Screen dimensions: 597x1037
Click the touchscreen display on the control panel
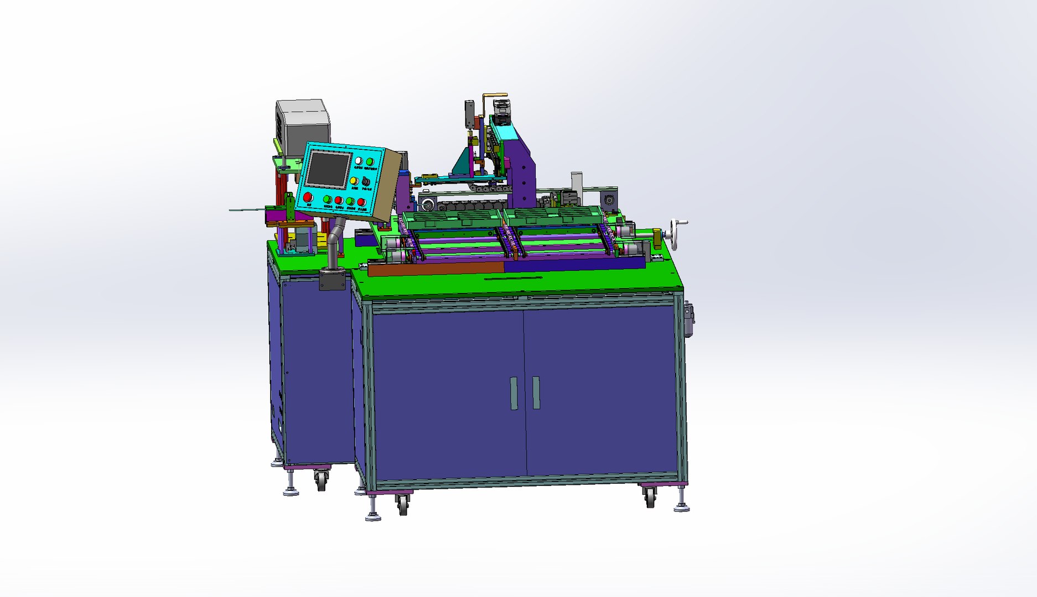pyautogui.click(x=328, y=169)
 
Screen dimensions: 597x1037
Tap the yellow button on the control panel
pyautogui.click(x=354, y=181)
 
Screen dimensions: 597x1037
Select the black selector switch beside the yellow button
pyautogui.click(x=366, y=181)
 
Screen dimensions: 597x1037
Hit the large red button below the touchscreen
pyautogui.click(x=308, y=197)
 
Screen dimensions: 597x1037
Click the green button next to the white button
pyautogui.click(x=370, y=162)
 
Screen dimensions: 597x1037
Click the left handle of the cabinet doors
pyautogui.click(x=514, y=394)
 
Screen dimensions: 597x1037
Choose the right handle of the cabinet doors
pyautogui.click(x=536, y=392)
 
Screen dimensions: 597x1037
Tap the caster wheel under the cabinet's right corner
pyautogui.click(x=650, y=498)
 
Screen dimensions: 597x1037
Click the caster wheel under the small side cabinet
pyautogui.click(x=321, y=479)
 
